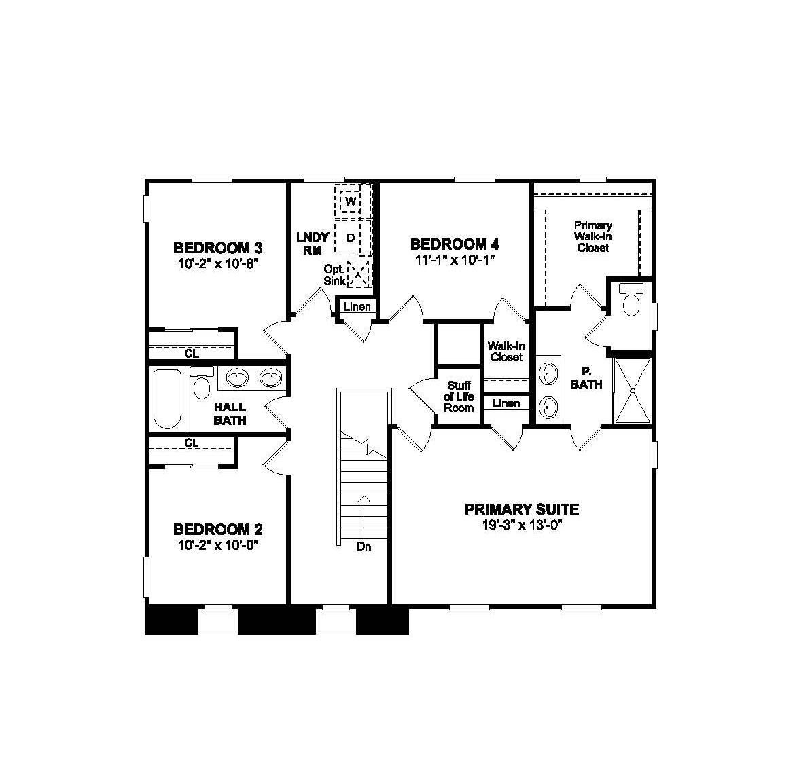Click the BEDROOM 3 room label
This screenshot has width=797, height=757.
pyautogui.click(x=217, y=248)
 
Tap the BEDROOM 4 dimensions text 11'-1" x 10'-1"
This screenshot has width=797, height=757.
pyautogui.click(x=454, y=259)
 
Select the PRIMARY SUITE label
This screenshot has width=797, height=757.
pyautogui.click(x=521, y=509)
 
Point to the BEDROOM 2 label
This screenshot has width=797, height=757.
pyautogui.click(x=217, y=530)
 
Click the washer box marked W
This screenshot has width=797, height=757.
pyautogui.click(x=351, y=202)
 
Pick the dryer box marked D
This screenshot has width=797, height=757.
pyautogui.click(x=351, y=238)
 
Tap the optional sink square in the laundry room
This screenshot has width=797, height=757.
pyautogui.click(x=358, y=275)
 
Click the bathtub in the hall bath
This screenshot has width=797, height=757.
pyautogui.click(x=166, y=399)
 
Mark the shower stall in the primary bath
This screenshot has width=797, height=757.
pyautogui.click(x=633, y=391)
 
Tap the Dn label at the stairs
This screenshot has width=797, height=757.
pyautogui.click(x=364, y=547)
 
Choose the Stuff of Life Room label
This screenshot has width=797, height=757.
pyautogui.click(x=459, y=396)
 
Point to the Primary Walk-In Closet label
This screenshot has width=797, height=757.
pyautogui.click(x=592, y=236)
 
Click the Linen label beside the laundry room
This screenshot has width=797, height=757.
pyautogui.click(x=357, y=307)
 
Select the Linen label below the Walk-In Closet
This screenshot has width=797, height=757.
pyautogui.click(x=506, y=403)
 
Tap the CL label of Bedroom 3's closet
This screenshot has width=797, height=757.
pyautogui.click(x=192, y=353)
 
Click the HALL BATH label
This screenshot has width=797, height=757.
pyautogui.click(x=230, y=413)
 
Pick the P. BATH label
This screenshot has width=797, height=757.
pyautogui.click(x=586, y=378)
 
